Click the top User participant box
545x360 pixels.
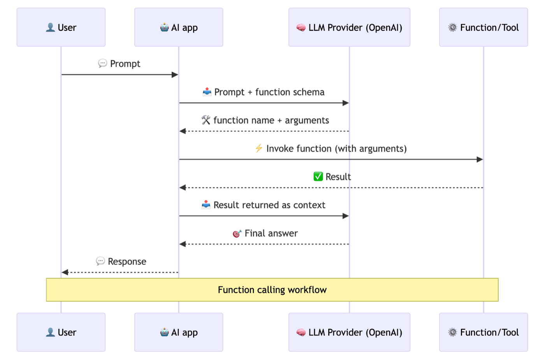pos(61,27)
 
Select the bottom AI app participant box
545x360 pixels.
pos(179,332)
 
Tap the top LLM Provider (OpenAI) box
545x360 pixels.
pos(349,27)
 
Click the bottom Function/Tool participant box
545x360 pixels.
pos(483,332)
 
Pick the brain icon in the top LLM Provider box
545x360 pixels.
pos(301,28)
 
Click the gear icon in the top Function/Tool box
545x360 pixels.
pos(452,27)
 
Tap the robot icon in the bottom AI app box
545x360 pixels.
pos(165,332)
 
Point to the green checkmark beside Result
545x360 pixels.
pos(318,176)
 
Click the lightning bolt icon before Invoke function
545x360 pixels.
pos(259,148)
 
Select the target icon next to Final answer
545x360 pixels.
pos(237,233)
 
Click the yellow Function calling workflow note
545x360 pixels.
pos(272,290)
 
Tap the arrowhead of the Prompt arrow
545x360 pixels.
pos(175,74)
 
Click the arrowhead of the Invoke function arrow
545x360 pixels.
pos(480,159)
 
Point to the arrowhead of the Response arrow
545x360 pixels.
pos(65,272)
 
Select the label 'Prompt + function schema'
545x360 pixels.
pos(269,92)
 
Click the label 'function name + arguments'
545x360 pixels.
pos(271,120)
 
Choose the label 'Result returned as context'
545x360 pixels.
pos(269,205)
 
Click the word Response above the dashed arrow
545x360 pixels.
pos(127,261)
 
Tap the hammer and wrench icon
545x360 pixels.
pos(206,120)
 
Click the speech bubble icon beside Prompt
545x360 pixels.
pos(102,63)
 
